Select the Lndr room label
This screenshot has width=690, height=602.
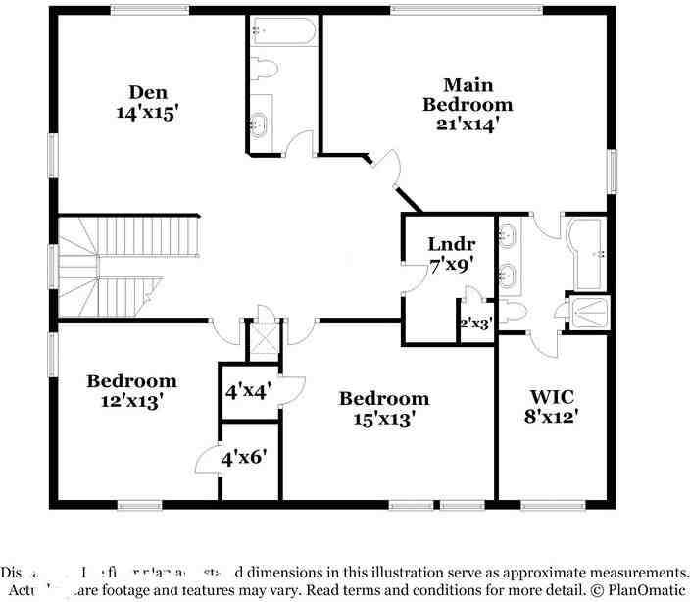[x=452, y=244]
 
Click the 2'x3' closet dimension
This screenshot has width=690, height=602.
[x=475, y=321]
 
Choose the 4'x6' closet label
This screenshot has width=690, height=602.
[x=246, y=457]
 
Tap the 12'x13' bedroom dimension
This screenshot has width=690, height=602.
[x=131, y=400]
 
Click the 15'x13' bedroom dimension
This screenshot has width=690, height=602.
[x=384, y=418]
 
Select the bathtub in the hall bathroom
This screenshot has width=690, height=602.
[x=282, y=33]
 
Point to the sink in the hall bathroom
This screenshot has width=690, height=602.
[x=260, y=123]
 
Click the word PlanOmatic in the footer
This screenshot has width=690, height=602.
[x=641, y=590]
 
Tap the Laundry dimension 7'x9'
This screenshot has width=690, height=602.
[x=452, y=264]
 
